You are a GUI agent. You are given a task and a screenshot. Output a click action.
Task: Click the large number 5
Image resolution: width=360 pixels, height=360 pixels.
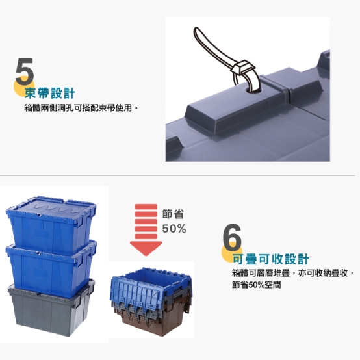[25, 71]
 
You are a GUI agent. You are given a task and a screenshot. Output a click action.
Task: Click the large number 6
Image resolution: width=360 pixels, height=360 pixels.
[232, 237]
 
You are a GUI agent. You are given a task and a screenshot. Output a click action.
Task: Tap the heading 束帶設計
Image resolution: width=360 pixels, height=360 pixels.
[50, 93]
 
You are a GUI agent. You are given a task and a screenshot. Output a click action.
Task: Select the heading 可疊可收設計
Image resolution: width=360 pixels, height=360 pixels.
[271, 259]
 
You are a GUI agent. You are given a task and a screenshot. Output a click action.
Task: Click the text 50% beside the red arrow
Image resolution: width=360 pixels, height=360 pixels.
[174, 229]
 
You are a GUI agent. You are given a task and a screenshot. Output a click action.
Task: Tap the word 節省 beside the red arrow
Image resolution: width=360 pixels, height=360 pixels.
[173, 214]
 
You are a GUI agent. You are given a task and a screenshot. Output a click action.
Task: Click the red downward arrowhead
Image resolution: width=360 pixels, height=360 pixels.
[146, 248]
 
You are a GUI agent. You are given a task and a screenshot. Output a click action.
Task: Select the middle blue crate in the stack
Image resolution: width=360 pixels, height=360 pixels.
[51, 268]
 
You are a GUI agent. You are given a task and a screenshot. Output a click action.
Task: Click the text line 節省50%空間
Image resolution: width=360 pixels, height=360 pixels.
[256, 285]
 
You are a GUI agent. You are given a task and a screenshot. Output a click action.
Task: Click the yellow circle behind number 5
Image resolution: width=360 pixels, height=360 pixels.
[23, 87]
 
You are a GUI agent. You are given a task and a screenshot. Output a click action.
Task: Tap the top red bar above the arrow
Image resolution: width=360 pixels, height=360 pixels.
[146, 207]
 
